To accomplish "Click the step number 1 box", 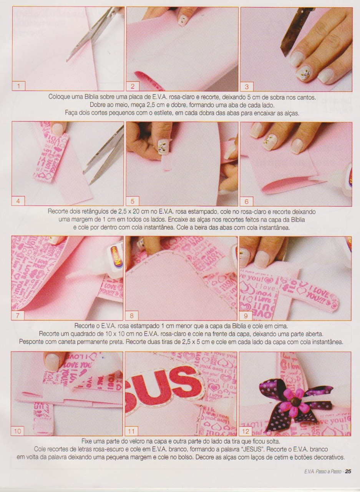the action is click(x=19, y=86).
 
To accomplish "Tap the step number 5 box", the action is click(x=133, y=201).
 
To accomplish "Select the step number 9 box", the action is click(x=246, y=316).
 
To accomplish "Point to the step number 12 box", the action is click(x=246, y=431).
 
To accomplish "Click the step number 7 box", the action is click(x=18, y=316).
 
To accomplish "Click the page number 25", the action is click(x=348, y=477).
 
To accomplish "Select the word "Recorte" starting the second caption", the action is click(x=58, y=212).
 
